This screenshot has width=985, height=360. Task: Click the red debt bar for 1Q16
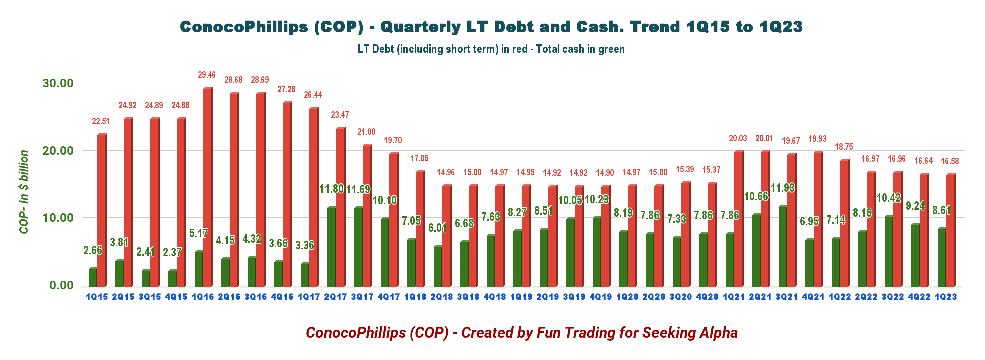coord(207,186)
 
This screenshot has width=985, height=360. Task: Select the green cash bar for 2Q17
coord(331,246)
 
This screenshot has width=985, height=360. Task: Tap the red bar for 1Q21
coord(738,218)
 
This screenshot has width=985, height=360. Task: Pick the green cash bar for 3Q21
coord(783,245)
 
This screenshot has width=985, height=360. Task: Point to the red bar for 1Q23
coord(950,230)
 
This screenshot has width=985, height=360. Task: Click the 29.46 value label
coord(207,75)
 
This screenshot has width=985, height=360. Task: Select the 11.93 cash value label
coord(783,188)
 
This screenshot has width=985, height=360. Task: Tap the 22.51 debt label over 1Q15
coord(101,121)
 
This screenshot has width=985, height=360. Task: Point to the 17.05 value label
coord(419,158)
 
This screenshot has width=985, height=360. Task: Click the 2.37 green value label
coord(172,252)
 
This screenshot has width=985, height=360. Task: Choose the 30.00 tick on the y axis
coord(58,83)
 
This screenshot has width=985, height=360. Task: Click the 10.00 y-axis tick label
coord(58,218)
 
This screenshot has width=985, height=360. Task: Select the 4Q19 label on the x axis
coord(600,297)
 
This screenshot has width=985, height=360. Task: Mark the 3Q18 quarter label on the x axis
coord(468,297)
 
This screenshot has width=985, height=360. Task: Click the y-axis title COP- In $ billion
coord(24,192)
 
